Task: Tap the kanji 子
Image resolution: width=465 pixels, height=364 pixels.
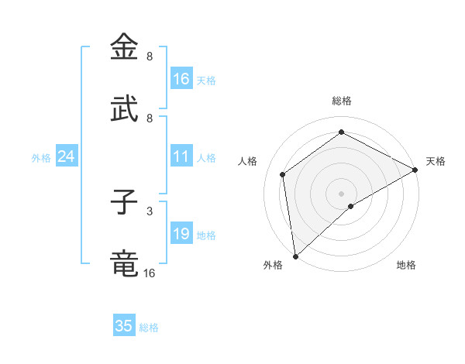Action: pyautogui.click(x=125, y=202)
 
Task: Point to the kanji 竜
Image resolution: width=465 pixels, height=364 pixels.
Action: pyautogui.click(x=125, y=264)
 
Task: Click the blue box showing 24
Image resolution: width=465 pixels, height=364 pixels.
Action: pyautogui.click(x=67, y=157)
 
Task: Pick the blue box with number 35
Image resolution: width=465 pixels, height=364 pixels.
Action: pyautogui.click(x=124, y=326)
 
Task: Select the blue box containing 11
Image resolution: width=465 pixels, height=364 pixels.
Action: pyautogui.click(x=181, y=157)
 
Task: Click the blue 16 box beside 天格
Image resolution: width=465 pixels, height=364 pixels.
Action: pyautogui.click(x=181, y=79)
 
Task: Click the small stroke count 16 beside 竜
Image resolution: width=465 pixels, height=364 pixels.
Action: pyautogui.click(x=149, y=273)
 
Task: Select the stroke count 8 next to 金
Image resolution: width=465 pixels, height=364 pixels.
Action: pyautogui.click(x=149, y=57)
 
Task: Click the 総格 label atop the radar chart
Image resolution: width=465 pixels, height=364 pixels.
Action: pyautogui.click(x=342, y=101)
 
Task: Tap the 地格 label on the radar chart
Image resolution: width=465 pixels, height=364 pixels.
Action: pyautogui.click(x=406, y=265)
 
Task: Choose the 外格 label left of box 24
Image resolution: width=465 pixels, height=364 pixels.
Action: pyautogui.click(x=41, y=158)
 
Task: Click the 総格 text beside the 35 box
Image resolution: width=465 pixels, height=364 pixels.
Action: pyautogui.click(x=149, y=328)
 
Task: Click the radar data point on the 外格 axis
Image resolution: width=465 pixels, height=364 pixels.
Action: pyautogui.click(x=295, y=256)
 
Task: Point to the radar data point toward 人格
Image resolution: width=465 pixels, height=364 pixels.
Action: pyautogui.click(x=283, y=174)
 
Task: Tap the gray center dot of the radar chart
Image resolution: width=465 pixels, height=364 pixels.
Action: pyautogui.click(x=342, y=193)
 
